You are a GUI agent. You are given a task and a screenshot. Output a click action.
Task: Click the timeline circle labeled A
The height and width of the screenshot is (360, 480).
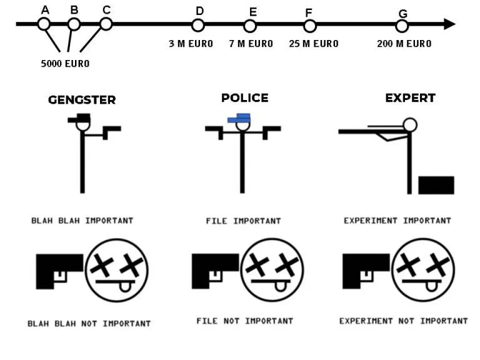44,24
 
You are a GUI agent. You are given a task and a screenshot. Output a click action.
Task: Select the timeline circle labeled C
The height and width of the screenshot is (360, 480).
106,24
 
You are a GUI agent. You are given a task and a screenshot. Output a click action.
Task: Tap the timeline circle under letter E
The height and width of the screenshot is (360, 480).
250,26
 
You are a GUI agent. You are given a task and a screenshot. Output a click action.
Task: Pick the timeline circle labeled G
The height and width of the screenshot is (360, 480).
402,26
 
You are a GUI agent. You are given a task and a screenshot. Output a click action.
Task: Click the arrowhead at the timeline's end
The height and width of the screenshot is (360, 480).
449,24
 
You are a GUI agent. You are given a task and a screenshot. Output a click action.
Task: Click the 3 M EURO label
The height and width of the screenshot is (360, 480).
191,44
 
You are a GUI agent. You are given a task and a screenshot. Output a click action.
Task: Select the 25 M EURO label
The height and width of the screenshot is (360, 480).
314,44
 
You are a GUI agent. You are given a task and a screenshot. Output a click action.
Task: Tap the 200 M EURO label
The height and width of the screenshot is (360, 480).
404,44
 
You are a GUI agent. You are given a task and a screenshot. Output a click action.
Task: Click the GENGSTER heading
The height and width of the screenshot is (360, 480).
82,100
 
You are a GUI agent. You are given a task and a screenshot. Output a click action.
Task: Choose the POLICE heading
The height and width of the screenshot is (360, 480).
244,98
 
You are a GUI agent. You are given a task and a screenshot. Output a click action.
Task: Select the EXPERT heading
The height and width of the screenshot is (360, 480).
410,98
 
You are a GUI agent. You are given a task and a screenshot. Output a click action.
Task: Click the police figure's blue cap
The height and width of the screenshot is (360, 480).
239,118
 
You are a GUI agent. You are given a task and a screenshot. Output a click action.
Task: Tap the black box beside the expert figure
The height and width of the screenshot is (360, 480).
436,185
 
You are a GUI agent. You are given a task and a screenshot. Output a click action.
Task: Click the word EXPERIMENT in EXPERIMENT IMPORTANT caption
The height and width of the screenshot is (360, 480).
371,221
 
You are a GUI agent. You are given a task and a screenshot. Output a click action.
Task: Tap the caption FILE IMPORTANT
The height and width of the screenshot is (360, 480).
243,221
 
